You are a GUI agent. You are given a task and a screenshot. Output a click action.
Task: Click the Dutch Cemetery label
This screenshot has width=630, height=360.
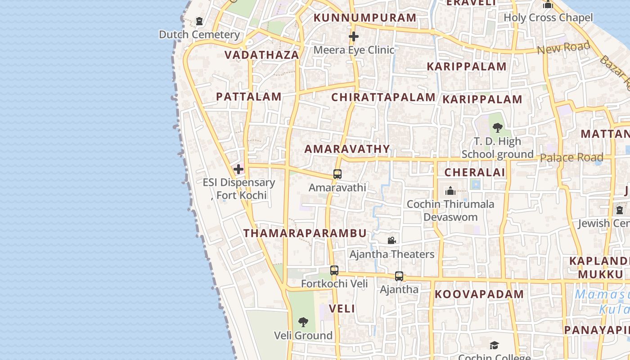199,35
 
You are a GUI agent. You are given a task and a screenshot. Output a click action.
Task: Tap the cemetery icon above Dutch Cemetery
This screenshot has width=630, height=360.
199,21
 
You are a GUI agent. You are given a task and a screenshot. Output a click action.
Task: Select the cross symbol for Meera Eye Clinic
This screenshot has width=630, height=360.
354,36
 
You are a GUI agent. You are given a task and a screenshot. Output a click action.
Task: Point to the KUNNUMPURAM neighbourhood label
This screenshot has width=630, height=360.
365,18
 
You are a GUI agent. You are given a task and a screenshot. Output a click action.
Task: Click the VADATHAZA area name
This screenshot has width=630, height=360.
261,55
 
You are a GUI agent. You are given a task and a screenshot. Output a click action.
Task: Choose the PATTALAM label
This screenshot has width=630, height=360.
249,97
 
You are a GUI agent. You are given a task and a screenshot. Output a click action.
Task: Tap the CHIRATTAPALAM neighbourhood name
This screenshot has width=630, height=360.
383,97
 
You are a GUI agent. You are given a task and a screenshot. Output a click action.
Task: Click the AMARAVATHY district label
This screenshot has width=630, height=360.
347,149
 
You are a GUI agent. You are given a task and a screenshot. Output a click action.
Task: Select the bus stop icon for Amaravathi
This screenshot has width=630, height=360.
337,174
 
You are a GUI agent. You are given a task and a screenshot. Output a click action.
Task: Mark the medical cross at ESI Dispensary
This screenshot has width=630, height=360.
238,169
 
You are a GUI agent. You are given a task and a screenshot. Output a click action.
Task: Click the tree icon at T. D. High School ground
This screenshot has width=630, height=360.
497,128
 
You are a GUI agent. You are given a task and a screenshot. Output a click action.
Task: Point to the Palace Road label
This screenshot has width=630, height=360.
571,157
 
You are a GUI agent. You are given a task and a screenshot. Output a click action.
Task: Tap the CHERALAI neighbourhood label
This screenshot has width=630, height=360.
475,172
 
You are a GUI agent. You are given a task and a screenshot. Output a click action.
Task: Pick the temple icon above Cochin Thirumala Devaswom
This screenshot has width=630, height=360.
450,191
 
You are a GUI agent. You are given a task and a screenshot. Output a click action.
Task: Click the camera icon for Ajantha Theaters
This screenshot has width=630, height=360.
391,241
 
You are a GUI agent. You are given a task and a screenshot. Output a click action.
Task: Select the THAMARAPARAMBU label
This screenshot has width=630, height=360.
305,233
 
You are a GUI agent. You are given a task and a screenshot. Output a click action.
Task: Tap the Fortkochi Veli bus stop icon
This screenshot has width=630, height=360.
334,270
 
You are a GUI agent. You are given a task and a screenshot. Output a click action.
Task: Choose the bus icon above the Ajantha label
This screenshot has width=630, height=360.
399,276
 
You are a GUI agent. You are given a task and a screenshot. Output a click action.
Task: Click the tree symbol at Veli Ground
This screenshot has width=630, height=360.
303,322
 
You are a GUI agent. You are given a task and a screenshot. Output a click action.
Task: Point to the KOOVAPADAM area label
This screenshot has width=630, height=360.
479,295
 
